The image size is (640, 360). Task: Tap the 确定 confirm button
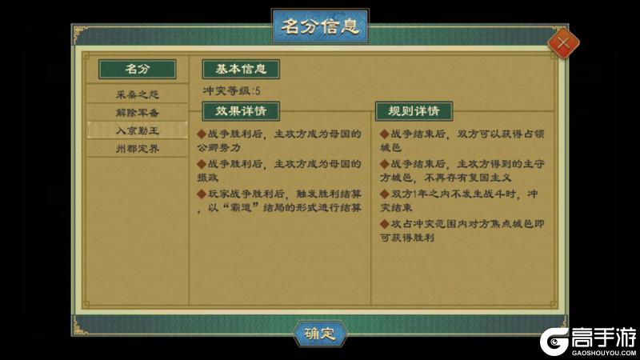[x=320, y=333]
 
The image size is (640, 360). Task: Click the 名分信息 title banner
[x=320, y=26]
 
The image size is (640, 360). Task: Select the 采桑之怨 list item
[x=138, y=94]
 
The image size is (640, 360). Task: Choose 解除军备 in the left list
[x=138, y=112]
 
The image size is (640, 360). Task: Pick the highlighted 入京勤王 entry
[x=138, y=130]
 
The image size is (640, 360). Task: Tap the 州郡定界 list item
[x=138, y=148]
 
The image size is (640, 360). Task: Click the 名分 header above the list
[x=138, y=69]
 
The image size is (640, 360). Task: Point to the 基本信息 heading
[x=241, y=69]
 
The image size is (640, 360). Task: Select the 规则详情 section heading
[x=414, y=110]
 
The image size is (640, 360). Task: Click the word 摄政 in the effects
[x=217, y=178]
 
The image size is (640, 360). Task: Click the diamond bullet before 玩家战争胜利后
[x=201, y=194]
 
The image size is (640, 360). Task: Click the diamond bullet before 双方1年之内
[x=384, y=194]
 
